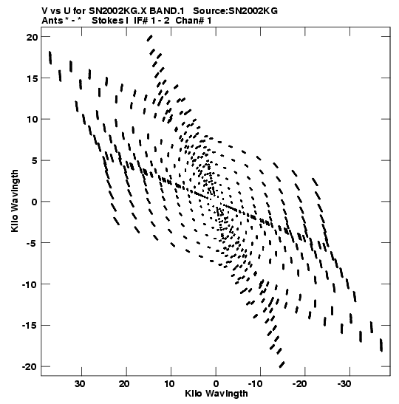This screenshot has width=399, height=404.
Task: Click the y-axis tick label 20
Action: click(x=33, y=37)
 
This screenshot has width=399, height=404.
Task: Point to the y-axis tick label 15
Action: click(x=33, y=78)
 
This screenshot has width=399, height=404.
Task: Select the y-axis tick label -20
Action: click(x=30, y=366)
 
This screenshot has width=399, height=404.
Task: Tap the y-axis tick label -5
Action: click(x=33, y=243)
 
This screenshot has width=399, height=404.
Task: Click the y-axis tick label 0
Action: click(x=35, y=202)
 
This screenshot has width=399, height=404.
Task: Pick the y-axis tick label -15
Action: click(x=30, y=326)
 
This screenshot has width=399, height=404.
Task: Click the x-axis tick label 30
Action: click(x=80, y=384)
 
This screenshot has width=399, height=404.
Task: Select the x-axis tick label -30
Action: click(x=344, y=384)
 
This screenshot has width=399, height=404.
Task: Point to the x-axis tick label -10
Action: click(x=255, y=384)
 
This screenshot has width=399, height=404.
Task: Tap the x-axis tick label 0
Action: click(x=216, y=384)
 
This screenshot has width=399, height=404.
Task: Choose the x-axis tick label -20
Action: click(x=299, y=384)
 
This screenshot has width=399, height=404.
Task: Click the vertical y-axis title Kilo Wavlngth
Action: click(x=15, y=201)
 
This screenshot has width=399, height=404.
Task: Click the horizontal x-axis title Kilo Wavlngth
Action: click(x=216, y=394)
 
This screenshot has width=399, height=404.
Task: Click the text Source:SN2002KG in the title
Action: click(x=235, y=11)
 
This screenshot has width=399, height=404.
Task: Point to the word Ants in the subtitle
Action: click(x=52, y=21)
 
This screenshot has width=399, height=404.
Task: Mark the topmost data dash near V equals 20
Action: click(x=149, y=38)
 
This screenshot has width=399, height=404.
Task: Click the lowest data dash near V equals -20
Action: click(x=282, y=365)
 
